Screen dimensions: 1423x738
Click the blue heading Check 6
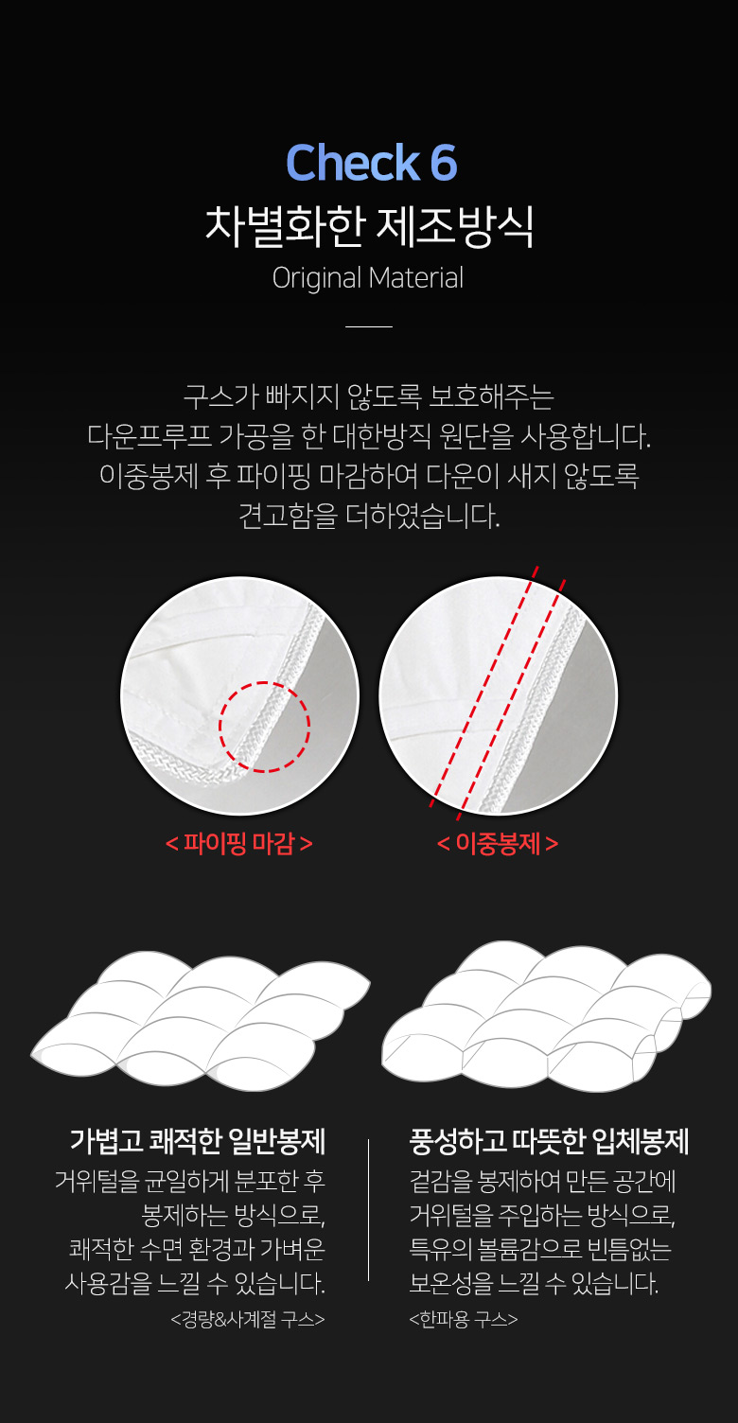[x=371, y=164]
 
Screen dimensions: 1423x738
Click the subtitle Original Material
[x=368, y=278]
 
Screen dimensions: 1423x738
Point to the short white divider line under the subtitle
[x=369, y=326]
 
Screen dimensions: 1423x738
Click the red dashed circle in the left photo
[x=265, y=727]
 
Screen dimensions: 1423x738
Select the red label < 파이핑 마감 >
[x=239, y=843]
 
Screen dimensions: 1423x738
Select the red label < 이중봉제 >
[x=498, y=843]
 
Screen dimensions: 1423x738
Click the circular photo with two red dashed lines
[x=498, y=695]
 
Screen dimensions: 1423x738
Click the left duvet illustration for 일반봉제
[x=201, y=1022]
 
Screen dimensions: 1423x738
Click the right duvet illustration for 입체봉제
[x=546, y=1017]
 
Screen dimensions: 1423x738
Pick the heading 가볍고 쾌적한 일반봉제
[x=198, y=1141]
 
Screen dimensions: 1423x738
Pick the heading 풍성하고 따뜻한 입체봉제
[x=549, y=1141]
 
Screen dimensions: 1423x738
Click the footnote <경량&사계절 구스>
[x=248, y=1319]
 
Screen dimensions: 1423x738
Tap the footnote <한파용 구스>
[x=463, y=1319]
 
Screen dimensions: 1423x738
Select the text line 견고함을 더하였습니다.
[x=369, y=517]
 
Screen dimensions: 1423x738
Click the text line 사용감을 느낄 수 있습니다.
[x=195, y=1283]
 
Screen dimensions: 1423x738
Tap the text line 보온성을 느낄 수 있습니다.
[x=534, y=1283]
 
